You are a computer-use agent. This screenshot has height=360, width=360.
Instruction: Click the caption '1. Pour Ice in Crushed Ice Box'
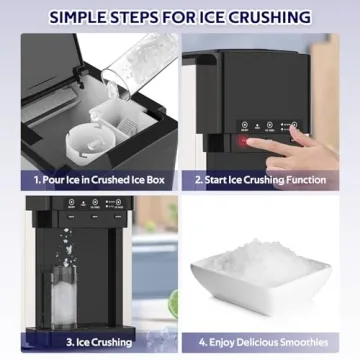pos(89,180)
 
